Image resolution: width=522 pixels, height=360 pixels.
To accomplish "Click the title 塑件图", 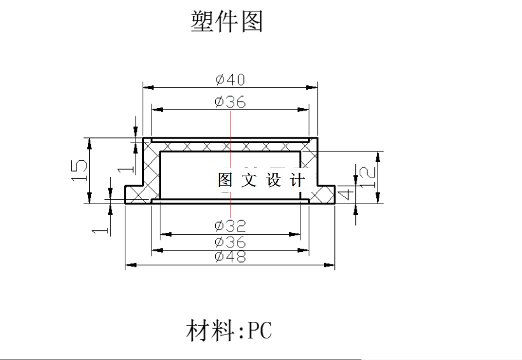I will [x=227, y=22].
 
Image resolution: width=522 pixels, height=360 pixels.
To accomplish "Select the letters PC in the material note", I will [x=260, y=331].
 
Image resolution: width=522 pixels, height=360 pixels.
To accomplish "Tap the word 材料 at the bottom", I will [x=210, y=331].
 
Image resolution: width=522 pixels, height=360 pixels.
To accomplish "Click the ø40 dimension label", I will [x=230, y=80].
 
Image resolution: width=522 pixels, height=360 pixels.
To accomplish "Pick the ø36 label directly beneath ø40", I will [x=230, y=102].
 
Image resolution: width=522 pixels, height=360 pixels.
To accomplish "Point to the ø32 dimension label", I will [x=230, y=226].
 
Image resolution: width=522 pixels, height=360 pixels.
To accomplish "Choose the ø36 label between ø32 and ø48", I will [x=230, y=242].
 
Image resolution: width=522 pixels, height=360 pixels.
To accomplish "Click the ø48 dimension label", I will [x=230, y=256].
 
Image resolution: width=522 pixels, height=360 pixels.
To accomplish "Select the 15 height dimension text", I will [x=79, y=170].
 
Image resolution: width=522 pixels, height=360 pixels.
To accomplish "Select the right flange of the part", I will [x=325, y=194].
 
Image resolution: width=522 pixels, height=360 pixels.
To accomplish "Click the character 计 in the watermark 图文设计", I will [x=297, y=180].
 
